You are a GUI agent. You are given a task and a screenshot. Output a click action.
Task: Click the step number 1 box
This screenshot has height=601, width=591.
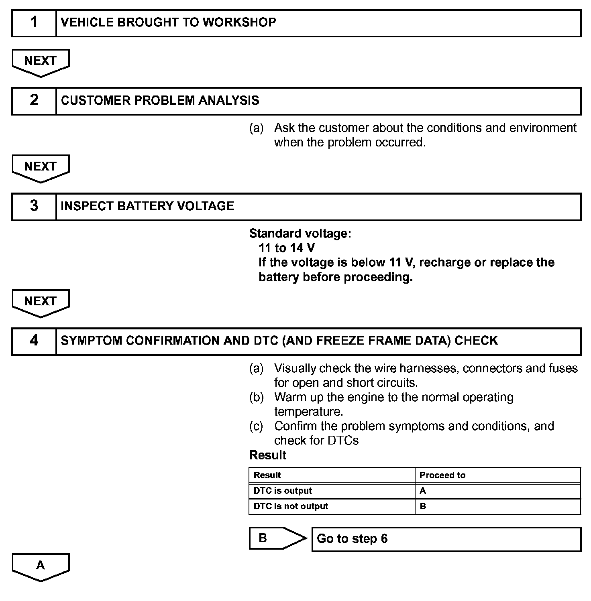(x=34, y=23)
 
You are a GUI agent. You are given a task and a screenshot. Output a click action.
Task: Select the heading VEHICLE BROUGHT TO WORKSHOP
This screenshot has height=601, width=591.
(x=168, y=22)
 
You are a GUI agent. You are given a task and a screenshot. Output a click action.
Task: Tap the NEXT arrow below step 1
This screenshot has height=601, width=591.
(x=41, y=62)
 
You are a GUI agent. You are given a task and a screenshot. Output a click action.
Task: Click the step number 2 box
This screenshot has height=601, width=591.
(x=34, y=101)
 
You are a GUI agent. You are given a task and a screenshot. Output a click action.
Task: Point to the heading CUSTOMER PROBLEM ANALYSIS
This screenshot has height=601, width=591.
(x=160, y=100)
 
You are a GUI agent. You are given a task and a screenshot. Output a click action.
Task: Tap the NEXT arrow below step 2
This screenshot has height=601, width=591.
(x=41, y=167)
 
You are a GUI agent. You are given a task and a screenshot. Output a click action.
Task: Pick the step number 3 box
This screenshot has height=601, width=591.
(x=34, y=206)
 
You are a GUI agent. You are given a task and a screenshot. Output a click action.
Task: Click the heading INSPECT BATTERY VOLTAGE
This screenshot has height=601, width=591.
(x=147, y=206)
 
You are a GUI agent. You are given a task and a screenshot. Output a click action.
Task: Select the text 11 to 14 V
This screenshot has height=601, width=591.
(x=287, y=248)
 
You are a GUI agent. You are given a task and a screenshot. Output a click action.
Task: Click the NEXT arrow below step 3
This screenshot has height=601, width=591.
(x=41, y=302)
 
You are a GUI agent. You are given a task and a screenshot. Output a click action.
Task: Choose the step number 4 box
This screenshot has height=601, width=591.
(x=34, y=341)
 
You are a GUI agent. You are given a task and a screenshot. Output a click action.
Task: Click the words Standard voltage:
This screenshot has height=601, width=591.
(x=300, y=233)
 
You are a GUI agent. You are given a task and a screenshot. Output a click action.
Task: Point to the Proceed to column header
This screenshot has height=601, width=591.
(x=442, y=475)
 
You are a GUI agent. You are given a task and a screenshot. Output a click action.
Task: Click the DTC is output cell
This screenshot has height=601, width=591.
(x=283, y=491)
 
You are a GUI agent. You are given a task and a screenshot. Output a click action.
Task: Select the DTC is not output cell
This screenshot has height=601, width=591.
(x=291, y=506)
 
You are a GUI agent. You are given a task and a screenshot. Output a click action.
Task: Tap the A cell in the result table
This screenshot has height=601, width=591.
(x=423, y=491)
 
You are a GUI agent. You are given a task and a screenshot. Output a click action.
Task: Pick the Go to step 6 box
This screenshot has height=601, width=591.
(x=446, y=539)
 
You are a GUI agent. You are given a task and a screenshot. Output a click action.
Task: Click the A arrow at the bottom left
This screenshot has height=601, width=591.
(x=41, y=566)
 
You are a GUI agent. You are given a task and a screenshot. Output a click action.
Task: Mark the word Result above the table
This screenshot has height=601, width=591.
(x=268, y=455)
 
